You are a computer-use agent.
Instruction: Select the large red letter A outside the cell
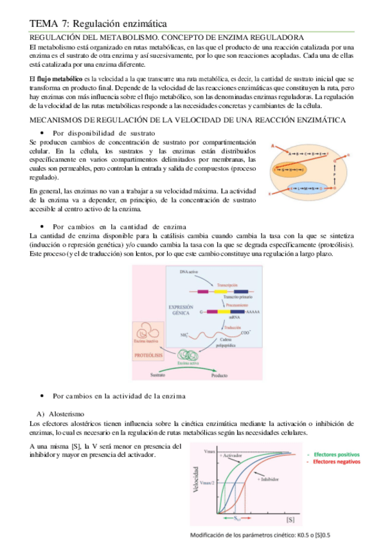tap(273, 147)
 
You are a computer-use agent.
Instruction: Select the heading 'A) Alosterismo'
tap(67, 413)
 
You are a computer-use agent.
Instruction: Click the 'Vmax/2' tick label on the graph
tap(206, 482)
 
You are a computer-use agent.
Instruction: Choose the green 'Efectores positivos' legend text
tap(335, 453)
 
